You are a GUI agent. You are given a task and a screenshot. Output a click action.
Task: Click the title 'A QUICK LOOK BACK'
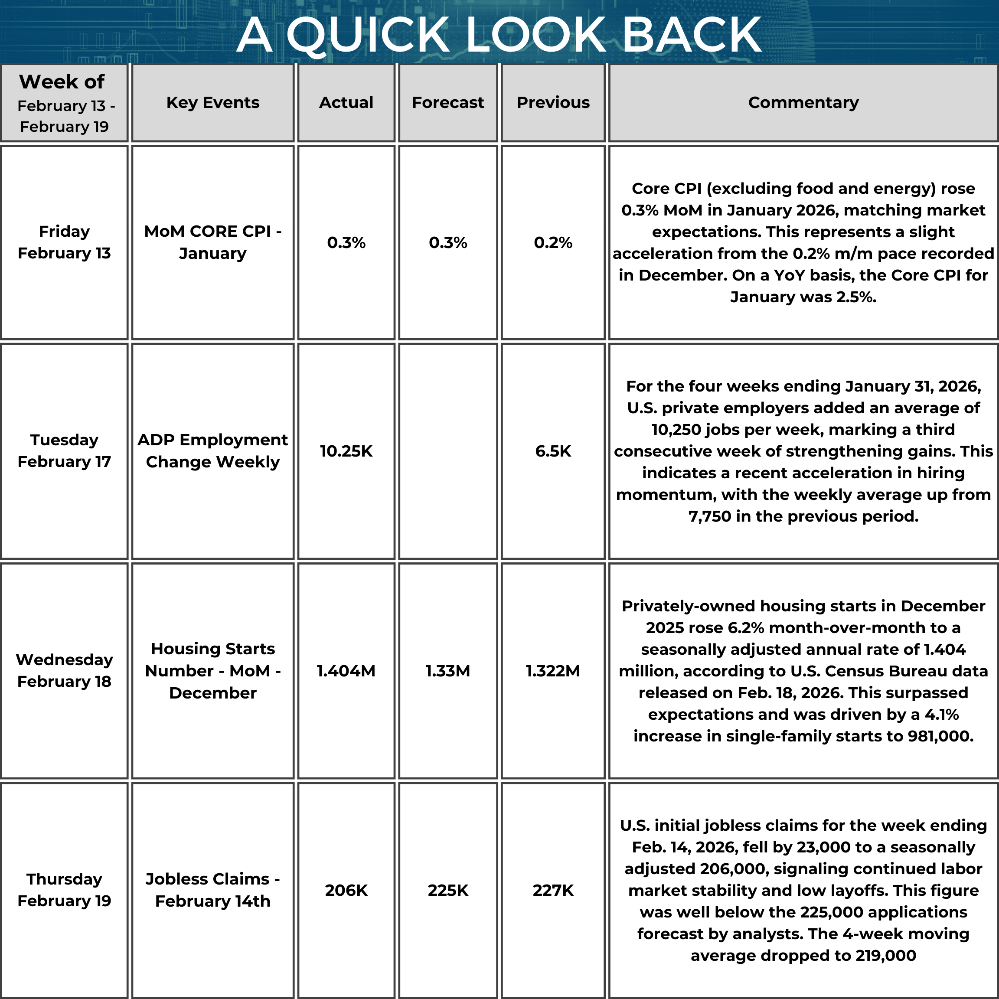(x=499, y=35)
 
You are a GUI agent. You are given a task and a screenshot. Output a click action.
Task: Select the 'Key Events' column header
(x=212, y=102)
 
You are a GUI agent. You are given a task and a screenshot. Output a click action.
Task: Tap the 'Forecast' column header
(x=448, y=102)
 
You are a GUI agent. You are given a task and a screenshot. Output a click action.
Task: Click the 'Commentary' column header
(x=803, y=102)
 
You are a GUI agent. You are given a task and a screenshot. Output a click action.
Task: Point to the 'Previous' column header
(x=553, y=102)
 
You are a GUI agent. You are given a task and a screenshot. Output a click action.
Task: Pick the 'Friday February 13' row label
(x=64, y=242)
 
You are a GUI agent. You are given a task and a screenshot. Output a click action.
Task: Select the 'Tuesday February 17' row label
(x=64, y=451)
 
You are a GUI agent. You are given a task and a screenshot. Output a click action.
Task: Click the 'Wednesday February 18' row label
(x=64, y=670)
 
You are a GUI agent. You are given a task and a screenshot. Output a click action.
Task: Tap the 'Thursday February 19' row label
(x=64, y=890)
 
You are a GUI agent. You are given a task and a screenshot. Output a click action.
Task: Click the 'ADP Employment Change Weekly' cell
(x=212, y=451)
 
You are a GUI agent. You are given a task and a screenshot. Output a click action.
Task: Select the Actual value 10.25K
(x=346, y=451)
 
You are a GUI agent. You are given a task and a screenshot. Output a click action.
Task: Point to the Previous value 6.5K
(x=553, y=451)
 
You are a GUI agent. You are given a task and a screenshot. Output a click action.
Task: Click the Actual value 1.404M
(x=346, y=671)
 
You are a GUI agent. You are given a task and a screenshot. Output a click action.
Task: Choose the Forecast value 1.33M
(x=448, y=671)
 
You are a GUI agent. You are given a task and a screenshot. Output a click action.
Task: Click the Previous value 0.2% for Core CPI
(x=553, y=242)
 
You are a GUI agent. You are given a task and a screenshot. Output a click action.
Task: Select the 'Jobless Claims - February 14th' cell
(x=212, y=890)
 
